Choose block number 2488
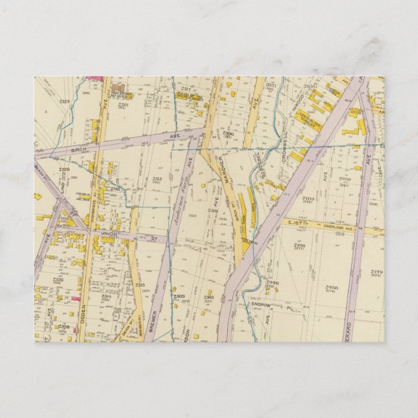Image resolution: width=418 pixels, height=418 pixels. click(x=332, y=287)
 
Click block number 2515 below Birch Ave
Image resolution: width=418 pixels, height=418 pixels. click(x=157, y=180)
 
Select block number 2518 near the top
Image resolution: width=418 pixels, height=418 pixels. click(x=123, y=104)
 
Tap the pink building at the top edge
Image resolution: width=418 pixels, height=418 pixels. click(x=95, y=79)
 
